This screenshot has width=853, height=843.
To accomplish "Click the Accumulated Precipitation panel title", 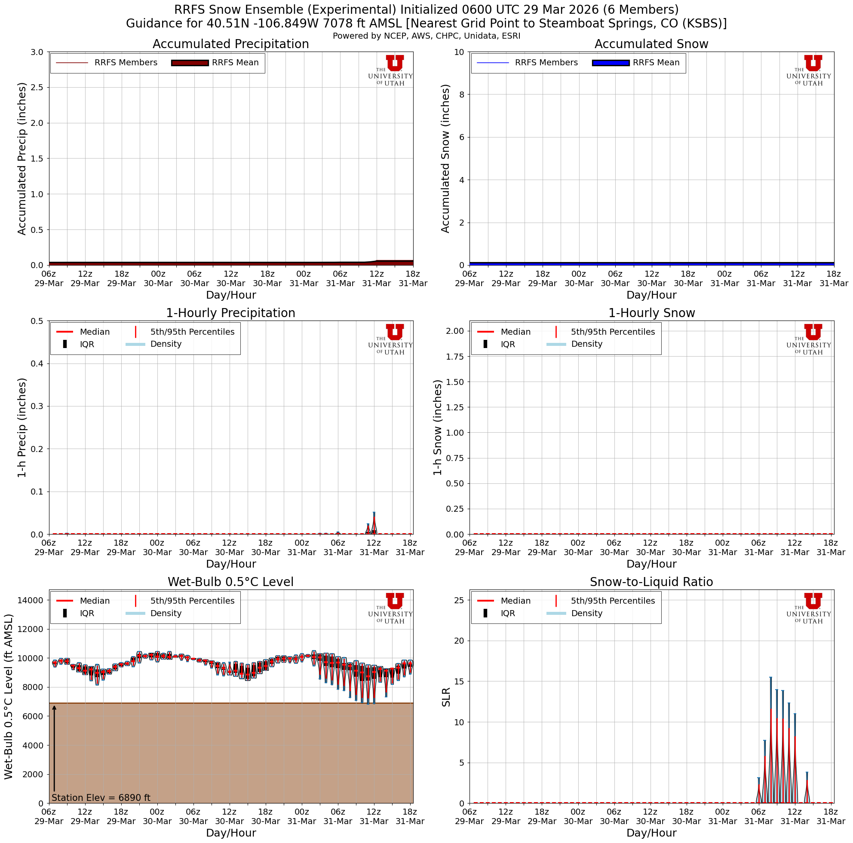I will (230, 44).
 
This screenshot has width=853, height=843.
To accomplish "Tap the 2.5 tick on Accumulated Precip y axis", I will (37, 87).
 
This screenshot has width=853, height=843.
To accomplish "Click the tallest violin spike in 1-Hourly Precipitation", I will (374, 520).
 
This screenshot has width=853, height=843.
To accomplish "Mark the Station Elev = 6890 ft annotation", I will (101, 797).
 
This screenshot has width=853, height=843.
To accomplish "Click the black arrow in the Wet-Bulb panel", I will (54, 750).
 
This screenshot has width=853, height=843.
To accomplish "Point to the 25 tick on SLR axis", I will (458, 600).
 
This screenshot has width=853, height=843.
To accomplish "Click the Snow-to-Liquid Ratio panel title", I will (651, 582).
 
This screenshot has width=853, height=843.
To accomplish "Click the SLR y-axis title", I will (446, 697).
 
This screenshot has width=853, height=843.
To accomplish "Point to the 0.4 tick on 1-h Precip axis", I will (37, 363).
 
